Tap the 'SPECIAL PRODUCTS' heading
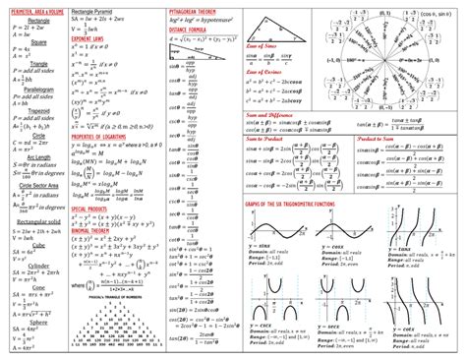pos(92,209)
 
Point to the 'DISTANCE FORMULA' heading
pos(187,30)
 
